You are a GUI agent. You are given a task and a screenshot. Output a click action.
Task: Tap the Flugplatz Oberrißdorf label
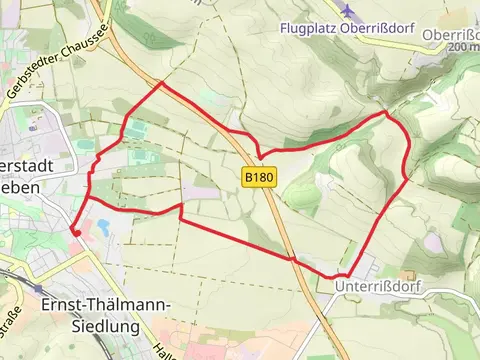point(346,28)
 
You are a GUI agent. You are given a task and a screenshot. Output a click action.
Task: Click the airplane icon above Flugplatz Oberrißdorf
point(347,10)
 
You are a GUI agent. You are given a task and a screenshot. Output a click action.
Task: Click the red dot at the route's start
point(74,233)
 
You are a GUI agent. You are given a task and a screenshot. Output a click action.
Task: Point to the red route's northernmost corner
point(161,84)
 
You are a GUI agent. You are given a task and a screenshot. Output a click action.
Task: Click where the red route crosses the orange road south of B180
point(293,259)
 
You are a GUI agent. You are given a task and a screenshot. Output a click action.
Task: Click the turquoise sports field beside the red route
point(134,129)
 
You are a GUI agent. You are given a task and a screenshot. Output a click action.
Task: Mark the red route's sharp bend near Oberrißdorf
point(388,114)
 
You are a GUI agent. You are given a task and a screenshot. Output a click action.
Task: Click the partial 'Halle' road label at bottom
point(161,346)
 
